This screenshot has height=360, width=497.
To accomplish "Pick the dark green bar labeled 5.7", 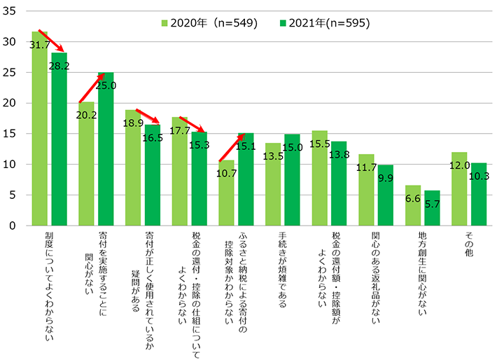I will [432, 209].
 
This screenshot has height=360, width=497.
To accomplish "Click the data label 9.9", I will [386, 178].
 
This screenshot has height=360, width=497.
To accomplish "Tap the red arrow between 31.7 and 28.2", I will [52, 40].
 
